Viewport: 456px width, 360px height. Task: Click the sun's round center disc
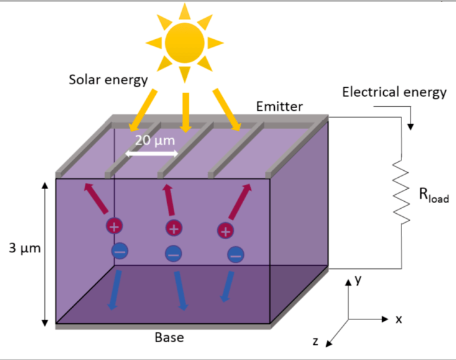[184, 42]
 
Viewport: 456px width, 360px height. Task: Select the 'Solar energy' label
[108, 80]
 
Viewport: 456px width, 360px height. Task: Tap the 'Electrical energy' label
[394, 92]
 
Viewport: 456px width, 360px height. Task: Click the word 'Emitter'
[279, 106]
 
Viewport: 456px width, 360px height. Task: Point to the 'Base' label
[169, 337]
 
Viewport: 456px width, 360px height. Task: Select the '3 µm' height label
[22, 248]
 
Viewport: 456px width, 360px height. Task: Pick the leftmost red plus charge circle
[114, 226]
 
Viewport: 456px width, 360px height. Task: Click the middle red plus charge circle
[174, 229]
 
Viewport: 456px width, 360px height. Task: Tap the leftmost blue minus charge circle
[120, 251]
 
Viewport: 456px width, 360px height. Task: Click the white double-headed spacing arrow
[150, 154]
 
